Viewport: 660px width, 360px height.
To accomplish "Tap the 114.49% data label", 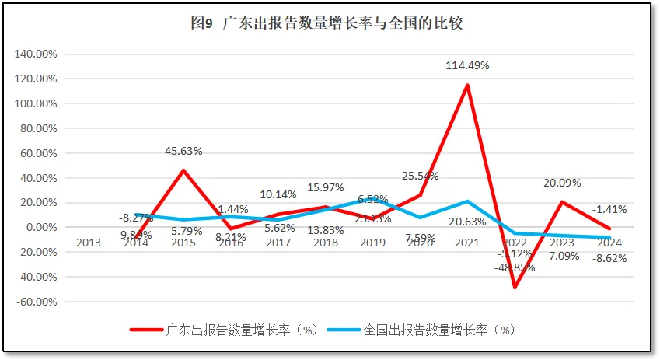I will click(467, 66).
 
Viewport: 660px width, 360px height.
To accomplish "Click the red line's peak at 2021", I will click(467, 85).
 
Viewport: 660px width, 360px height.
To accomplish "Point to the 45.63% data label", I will click(183, 151).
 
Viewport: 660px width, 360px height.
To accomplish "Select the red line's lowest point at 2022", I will click(515, 288).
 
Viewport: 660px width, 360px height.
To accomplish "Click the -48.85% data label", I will click(515, 267).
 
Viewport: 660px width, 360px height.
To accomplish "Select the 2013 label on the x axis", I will click(89, 243).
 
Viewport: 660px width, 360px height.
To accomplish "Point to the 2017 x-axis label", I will click(278, 243).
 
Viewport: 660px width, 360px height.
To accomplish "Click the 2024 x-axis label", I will click(609, 243).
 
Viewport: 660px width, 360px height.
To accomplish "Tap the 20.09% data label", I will click(562, 183).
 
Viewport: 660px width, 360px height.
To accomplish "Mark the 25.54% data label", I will click(420, 176).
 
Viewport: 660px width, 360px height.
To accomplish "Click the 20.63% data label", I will click(467, 222).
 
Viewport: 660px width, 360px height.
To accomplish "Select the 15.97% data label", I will click(326, 187).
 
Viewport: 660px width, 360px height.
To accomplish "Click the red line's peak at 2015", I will click(183, 170).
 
